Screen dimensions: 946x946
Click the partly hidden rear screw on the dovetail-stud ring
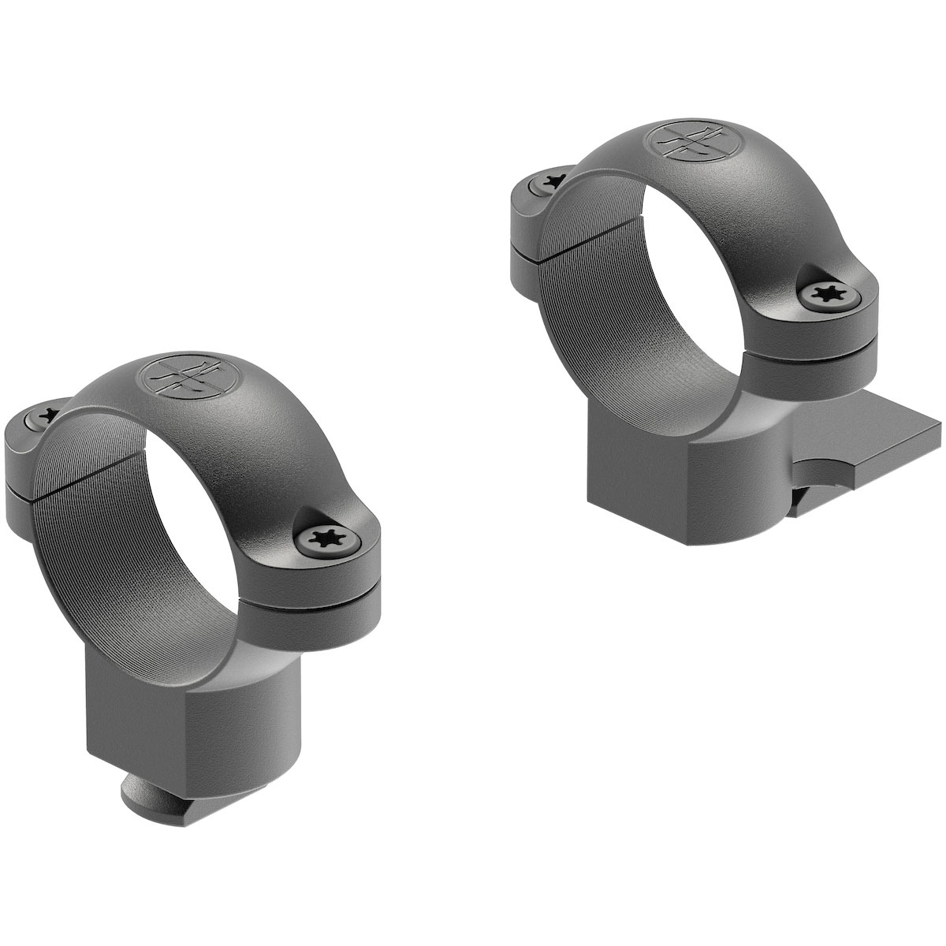46,414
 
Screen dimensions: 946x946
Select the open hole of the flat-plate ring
694,260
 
